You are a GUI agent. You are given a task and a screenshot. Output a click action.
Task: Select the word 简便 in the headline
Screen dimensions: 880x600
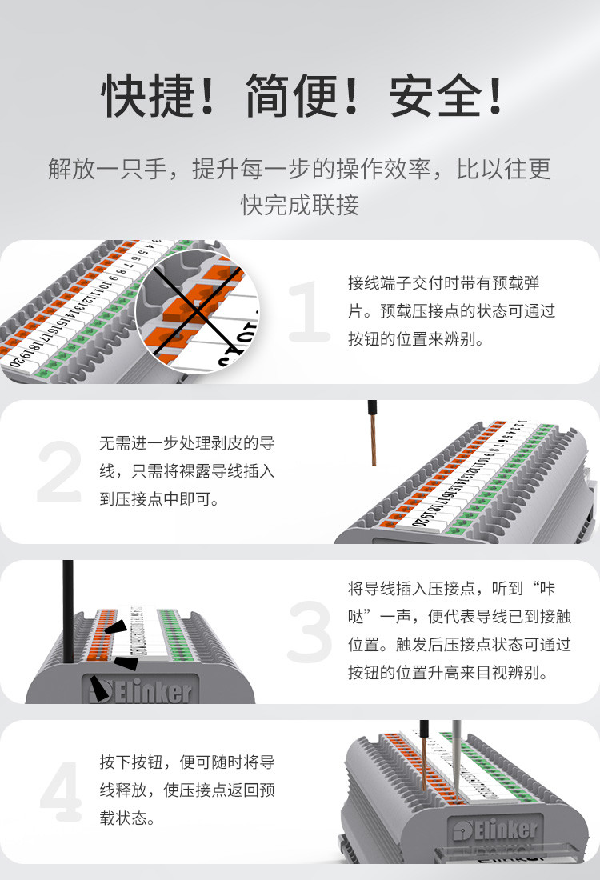point(291,97)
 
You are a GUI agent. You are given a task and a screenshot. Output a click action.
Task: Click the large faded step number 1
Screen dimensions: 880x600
point(308,313)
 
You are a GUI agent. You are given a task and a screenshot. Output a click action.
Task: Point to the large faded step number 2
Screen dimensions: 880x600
point(60,473)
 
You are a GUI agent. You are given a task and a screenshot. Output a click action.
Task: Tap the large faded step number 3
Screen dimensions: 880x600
point(309,632)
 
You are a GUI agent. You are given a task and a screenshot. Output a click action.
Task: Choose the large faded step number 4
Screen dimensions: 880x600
point(61,792)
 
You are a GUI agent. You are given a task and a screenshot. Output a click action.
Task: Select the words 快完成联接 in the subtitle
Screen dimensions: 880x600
point(300,205)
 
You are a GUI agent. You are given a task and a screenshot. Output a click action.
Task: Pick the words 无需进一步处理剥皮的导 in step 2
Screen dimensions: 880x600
point(187,443)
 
